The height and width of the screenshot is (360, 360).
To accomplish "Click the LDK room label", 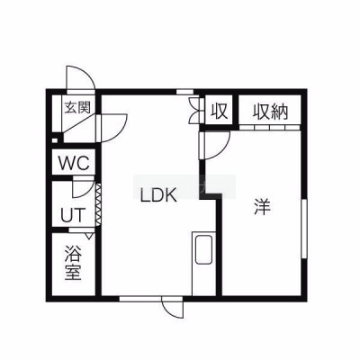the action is coord(158,195).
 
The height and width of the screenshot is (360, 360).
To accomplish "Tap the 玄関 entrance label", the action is coord(77,107).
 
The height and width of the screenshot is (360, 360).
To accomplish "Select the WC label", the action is coord(74,163).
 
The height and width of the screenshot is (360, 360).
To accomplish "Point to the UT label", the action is coord(73,215).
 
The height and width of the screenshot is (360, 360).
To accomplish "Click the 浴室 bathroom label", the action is coord(73,263).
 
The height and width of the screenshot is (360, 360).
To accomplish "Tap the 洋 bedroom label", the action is coord(262,207).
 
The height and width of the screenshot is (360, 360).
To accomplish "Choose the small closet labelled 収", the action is coord(219,111).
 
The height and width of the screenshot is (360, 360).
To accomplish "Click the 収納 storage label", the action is coord(271,112).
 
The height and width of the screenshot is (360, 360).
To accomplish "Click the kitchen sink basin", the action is coord(203,250).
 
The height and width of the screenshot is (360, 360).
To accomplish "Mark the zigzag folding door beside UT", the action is coord(98,204).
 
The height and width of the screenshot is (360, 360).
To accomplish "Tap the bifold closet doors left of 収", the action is coord(194,110).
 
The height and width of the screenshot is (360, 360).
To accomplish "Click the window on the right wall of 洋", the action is coord(304,229).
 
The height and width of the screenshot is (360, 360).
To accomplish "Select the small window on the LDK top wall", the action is coord(184,92).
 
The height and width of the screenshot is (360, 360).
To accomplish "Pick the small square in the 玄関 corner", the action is coord(55,139).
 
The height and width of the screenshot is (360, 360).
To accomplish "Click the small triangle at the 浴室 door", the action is coord(88,236).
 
